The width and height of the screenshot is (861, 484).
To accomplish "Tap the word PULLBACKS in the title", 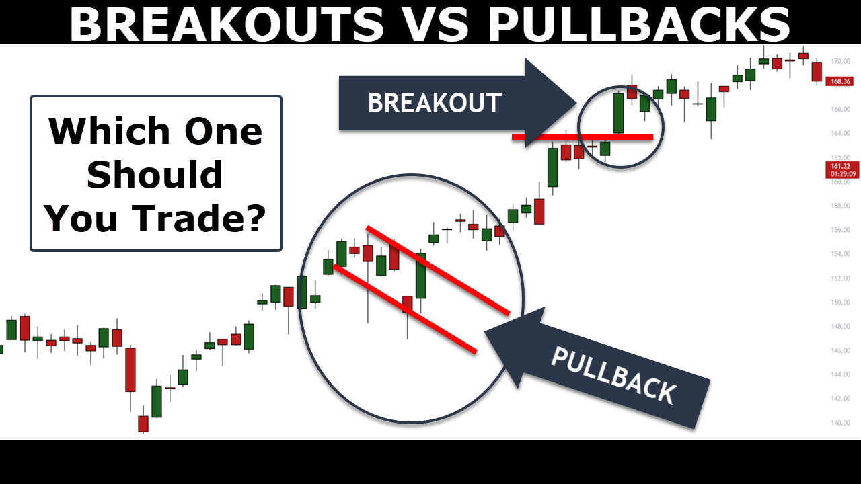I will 638,24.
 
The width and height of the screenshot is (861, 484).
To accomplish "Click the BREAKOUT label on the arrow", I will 435,103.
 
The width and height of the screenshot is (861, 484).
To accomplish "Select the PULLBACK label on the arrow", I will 613,376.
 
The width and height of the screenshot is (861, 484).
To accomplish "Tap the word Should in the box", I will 155,174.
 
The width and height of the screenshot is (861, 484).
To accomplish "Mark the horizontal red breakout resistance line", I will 583,137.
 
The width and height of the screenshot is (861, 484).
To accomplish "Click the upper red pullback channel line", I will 438,270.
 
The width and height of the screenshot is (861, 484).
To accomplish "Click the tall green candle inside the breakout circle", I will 618,113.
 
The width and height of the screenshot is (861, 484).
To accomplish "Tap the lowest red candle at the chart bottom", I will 143,424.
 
